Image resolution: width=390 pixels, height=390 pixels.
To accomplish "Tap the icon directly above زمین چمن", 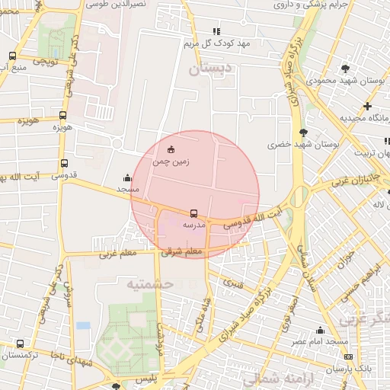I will coord(171,149).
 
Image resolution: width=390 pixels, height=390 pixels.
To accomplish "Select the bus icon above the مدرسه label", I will coord(193,214).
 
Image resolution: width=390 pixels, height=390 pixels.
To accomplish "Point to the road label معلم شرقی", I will coord(182,251).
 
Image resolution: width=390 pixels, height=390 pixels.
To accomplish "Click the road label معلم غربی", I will coord(117,254).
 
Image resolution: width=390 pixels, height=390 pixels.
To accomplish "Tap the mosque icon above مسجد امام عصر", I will coord(320,330).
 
